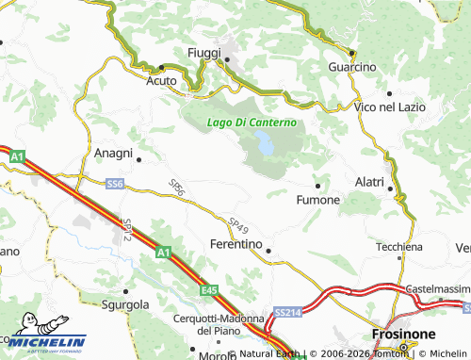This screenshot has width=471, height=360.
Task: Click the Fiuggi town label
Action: tap(204, 52)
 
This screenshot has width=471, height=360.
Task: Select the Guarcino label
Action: tap(352, 68)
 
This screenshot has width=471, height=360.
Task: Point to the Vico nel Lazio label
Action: tap(385, 107)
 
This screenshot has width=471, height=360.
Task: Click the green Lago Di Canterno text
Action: tap(252, 123)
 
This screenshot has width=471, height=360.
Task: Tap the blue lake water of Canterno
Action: tap(266, 146)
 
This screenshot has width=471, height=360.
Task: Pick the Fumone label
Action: tap(318, 201)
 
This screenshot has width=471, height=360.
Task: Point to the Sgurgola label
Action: tap(127, 304)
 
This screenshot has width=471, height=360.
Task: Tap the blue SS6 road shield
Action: tap(115, 184)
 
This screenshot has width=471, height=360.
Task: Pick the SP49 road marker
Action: tap(238, 225)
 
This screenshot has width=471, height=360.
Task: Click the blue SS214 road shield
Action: tap(286, 310)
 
